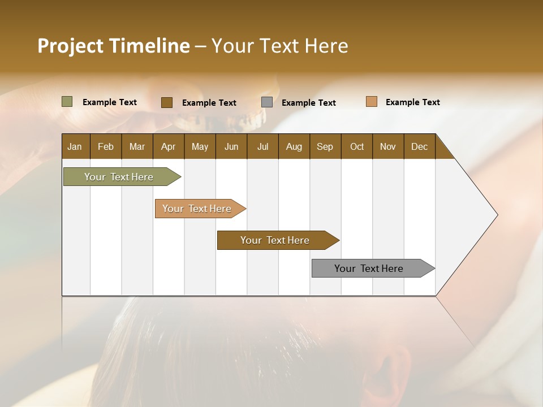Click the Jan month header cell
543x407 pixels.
click(x=75, y=146)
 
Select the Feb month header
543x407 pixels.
click(x=106, y=146)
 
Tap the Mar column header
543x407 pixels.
click(x=137, y=146)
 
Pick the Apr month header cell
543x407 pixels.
click(x=169, y=146)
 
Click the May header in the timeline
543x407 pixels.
click(x=200, y=146)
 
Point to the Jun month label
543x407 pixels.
click(x=231, y=146)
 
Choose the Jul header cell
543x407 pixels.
click(x=262, y=146)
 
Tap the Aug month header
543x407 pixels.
click(x=294, y=146)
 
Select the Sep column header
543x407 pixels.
click(x=325, y=146)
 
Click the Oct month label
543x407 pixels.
click(x=357, y=146)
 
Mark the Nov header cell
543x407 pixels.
click(x=388, y=146)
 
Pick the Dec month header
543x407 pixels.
click(x=420, y=146)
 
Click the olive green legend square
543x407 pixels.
click(x=67, y=102)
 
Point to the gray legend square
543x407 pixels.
click(x=267, y=102)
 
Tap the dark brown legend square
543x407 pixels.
click(x=167, y=102)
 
